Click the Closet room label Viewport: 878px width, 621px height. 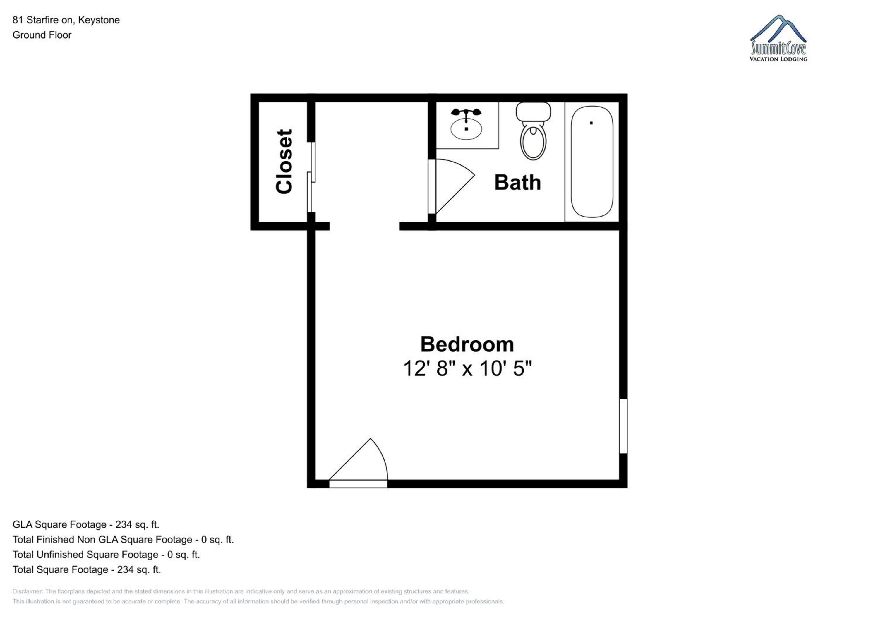click(x=284, y=161)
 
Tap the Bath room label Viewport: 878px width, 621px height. click(x=517, y=182)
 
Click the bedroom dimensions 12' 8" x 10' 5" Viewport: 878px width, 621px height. click(x=467, y=369)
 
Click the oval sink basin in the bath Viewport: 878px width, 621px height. click(x=466, y=129)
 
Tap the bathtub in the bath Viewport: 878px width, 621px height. click(x=592, y=162)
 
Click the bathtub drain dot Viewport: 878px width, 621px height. click(x=591, y=123)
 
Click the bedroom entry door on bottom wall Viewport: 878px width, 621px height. click(x=358, y=464)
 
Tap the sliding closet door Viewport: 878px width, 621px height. click(x=311, y=177)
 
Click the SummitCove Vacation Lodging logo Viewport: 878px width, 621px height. click(x=778, y=38)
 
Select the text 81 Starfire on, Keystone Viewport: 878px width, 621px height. click(x=66, y=20)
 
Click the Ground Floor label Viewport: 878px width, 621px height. click(x=42, y=35)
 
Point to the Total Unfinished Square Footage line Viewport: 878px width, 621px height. click(x=106, y=555)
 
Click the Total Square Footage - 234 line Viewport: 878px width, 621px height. click(x=87, y=569)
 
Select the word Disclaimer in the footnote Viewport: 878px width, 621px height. click(x=27, y=591)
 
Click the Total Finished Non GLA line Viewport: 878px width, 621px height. click(x=123, y=540)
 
